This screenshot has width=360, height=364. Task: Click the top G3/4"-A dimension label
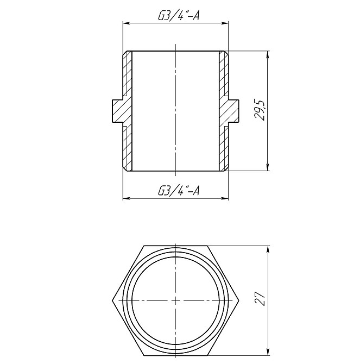176,16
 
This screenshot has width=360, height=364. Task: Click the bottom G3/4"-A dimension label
176,191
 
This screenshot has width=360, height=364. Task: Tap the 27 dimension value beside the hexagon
261,300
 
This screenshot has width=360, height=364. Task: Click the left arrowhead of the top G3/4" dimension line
126,23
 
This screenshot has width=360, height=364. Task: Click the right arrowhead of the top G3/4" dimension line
225,23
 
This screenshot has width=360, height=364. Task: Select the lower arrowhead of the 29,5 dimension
268,168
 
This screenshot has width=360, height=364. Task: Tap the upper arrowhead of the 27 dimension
268,249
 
